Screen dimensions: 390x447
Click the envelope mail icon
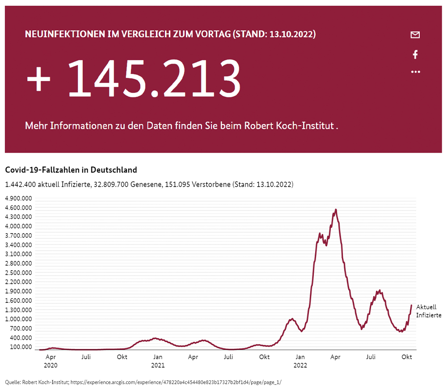(x=415, y=35)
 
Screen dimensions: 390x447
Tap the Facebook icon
(x=415, y=55)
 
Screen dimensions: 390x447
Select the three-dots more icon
(x=415, y=71)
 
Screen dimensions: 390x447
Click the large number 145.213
(x=154, y=78)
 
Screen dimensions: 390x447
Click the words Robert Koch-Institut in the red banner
(x=288, y=126)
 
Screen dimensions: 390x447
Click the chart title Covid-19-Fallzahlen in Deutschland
(x=71, y=170)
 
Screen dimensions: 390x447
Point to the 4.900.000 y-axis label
(x=18, y=198)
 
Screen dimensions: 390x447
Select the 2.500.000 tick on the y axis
(x=18, y=273)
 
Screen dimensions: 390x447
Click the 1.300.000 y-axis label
(x=18, y=310)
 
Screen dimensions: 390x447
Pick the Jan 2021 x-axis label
(x=157, y=361)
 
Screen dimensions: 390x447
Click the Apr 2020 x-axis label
(x=51, y=361)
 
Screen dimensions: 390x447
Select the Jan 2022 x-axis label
(x=300, y=361)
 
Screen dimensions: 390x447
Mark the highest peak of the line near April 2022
(x=336, y=209)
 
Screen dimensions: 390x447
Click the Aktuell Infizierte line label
(x=428, y=311)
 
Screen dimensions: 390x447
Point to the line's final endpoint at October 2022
(x=411, y=306)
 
